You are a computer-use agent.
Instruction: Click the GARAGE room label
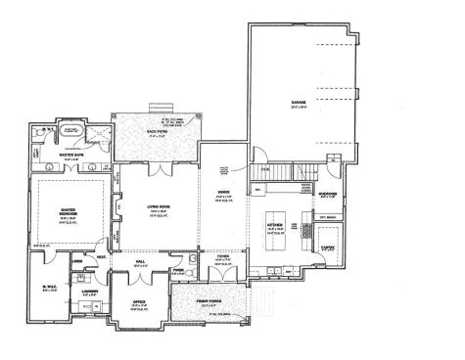pyautogui.click(x=298, y=103)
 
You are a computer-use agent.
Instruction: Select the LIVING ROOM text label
pyautogui.click(x=145, y=208)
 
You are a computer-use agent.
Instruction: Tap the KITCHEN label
pyautogui.click(x=276, y=225)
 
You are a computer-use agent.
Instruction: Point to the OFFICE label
pyautogui.click(x=140, y=302)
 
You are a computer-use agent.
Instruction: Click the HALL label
pyautogui.click(x=139, y=261)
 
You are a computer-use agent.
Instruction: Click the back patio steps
pyautogui.click(x=150, y=105)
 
